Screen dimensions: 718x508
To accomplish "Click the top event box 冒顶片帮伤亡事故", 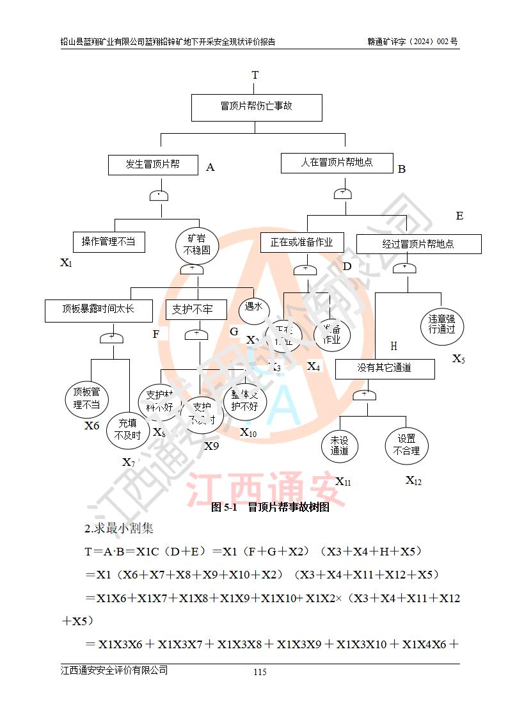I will coord(256,107).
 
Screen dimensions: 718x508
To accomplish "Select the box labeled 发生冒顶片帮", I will coord(152,164).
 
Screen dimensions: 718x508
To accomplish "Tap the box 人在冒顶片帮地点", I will coord(337,163).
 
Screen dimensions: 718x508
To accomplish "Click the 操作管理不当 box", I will coord(108,241).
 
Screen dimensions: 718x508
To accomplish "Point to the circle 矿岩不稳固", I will coord(197,244).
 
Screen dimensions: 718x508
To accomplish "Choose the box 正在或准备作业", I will coord(302,243).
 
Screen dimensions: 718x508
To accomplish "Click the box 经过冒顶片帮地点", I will coord(418,244).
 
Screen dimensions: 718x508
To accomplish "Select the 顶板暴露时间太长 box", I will coord(99,310).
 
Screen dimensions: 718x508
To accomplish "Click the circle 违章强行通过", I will coord(441,324).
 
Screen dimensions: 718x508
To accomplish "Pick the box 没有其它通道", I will coord(385,368).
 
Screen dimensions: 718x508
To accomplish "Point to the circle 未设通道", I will coord(340,445).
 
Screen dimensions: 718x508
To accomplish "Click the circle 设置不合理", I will coord(406,445).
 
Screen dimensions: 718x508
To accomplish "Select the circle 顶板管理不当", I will coord(86,398).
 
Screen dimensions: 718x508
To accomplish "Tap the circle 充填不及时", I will coord(127,429).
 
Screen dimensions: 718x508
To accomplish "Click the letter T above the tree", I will coord(255,76).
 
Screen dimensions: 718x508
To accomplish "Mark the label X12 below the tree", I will coord(413,481).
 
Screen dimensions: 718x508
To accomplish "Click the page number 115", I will coord(260,671).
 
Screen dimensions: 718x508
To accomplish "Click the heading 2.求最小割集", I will coord(119,529).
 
